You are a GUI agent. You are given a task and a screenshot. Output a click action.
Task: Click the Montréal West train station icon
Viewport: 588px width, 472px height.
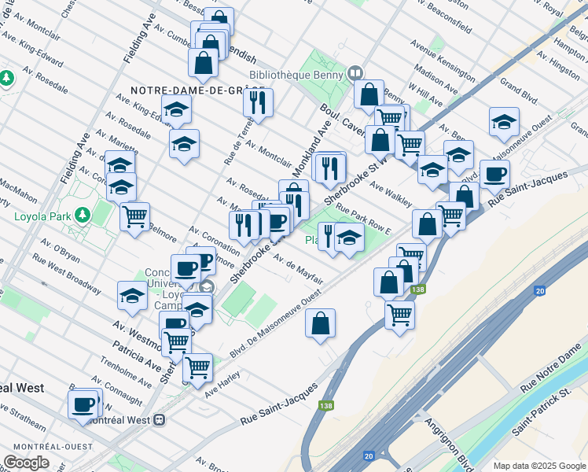pyautogui.click(x=159, y=419)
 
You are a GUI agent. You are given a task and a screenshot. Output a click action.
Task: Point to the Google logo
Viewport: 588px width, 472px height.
pyautogui.click(x=26, y=463)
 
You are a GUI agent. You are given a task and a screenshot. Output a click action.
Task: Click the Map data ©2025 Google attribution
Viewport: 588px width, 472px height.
pyautogui.click(x=539, y=466)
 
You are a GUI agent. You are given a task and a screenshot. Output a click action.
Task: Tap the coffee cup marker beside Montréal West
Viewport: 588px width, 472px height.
pyautogui.click(x=83, y=405)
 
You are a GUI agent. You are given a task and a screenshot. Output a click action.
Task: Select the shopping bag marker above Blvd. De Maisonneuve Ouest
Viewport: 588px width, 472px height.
pyautogui.click(x=320, y=323)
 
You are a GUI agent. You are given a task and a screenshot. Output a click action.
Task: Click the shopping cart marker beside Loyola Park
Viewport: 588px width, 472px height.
pyautogui.click(x=135, y=216)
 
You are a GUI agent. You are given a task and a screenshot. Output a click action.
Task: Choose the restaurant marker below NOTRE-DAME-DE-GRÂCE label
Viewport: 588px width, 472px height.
pyautogui.click(x=256, y=102)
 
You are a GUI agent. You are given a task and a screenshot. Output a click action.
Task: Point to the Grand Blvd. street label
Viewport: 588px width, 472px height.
pyautogui.click(x=519, y=83)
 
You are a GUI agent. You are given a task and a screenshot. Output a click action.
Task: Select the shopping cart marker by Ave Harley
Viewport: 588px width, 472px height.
pyautogui.click(x=197, y=367)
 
